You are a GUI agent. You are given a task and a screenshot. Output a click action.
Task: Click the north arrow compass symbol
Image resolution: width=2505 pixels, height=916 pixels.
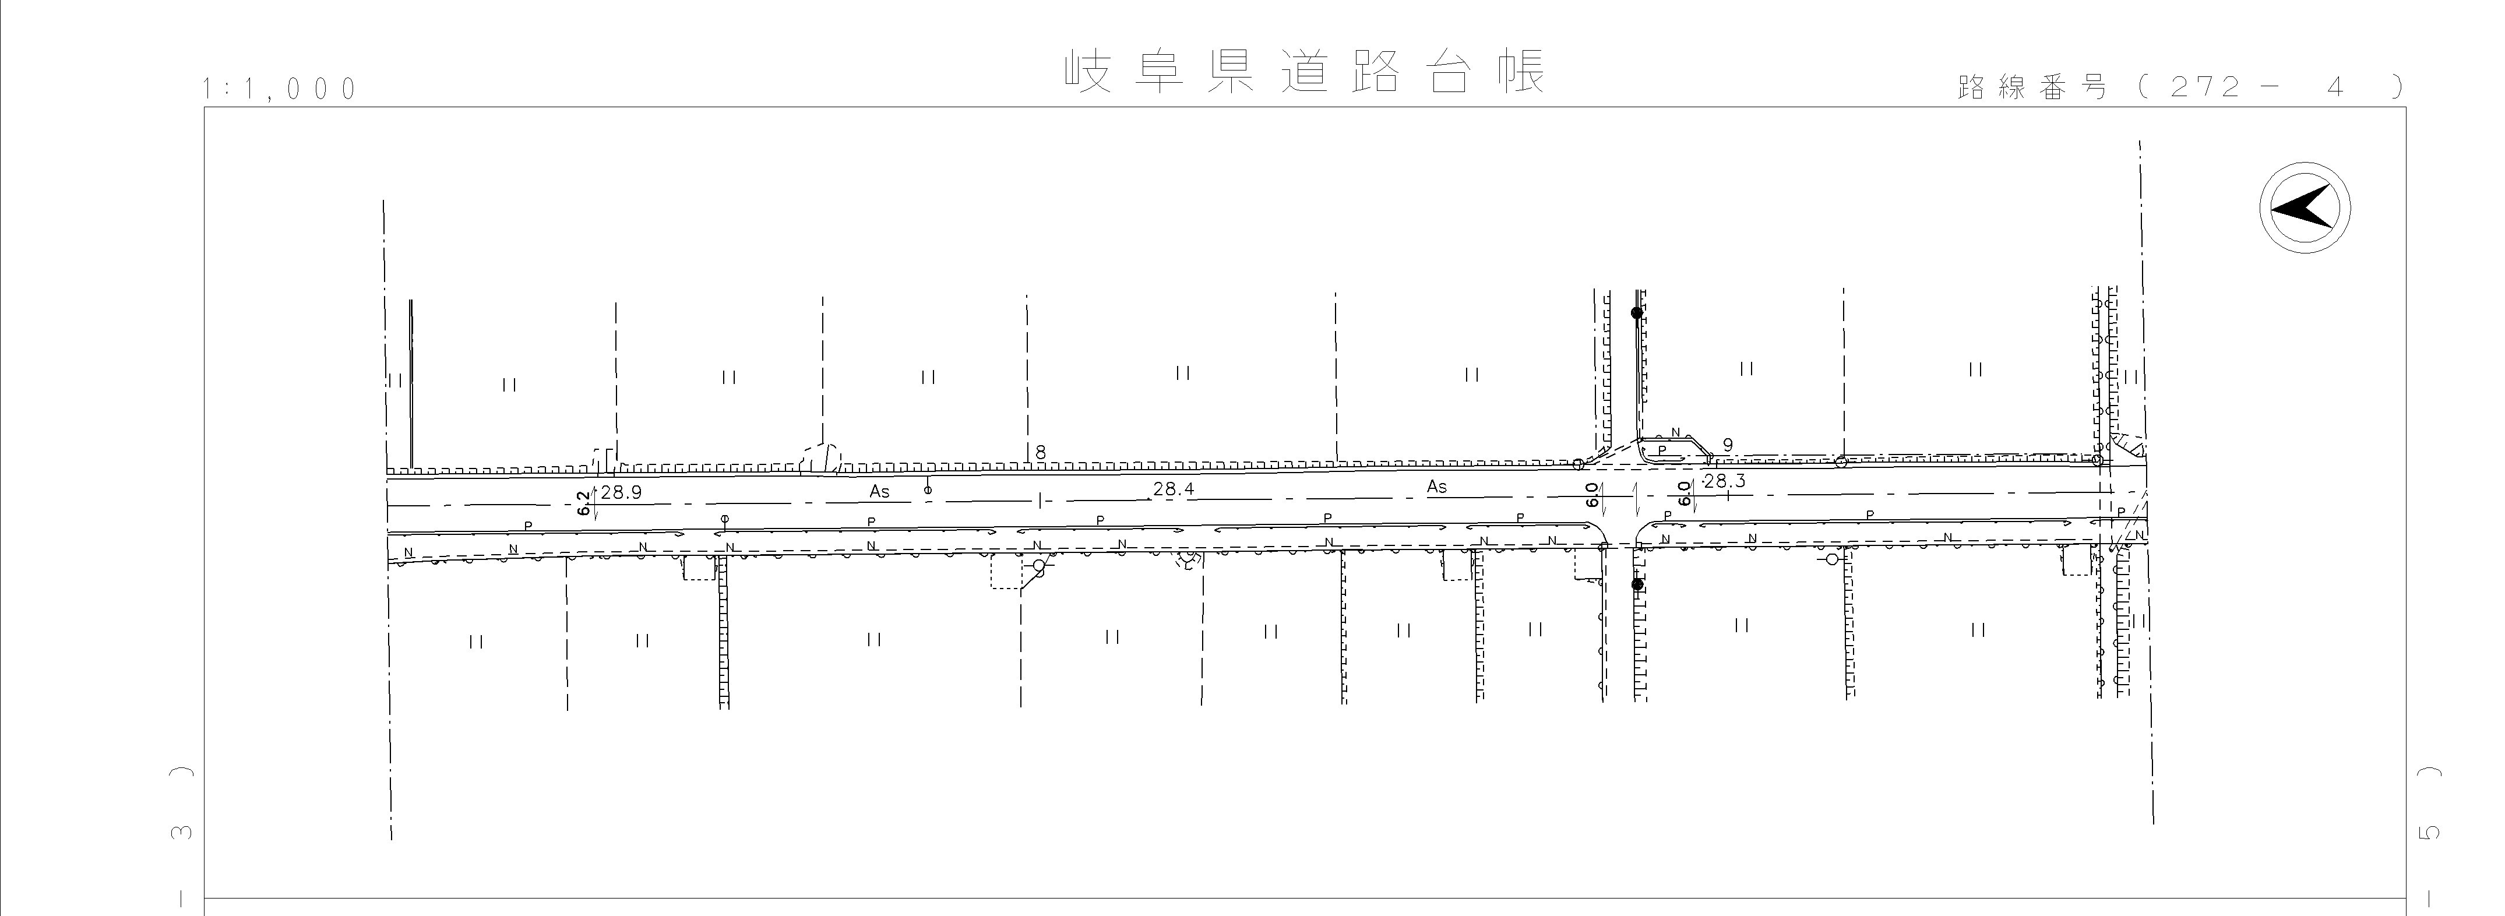pyautogui.click(x=2304, y=209)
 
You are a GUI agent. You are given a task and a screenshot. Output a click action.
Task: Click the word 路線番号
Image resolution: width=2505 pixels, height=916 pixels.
pyautogui.click(x=2032, y=87)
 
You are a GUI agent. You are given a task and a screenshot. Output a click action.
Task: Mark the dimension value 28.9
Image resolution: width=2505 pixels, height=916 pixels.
pyautogui.click(x=621, y=492)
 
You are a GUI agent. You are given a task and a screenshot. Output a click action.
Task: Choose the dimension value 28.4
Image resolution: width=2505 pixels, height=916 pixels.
pyautogui.click(x=1174, y=489)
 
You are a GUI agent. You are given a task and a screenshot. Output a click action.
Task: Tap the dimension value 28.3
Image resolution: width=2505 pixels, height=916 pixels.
pyautogui.click(x=1725, y=480)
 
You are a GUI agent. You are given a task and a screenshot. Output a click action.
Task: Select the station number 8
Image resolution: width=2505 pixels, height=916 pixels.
pyautogui.click(x=1041, y=452)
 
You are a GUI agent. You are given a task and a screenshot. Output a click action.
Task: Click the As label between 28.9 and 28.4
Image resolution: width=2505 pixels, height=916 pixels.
pyautogui.click(x=879, y=492)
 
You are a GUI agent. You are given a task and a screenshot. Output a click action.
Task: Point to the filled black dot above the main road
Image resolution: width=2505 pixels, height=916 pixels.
pyautogui.click(x=1637, y=313)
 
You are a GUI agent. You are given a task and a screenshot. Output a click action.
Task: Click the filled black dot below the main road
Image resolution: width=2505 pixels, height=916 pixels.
pyautogui.click(x=1637, y=584)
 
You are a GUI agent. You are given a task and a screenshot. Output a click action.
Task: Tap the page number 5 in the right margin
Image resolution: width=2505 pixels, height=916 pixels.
pyautogui.click(x=2429, y=832)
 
